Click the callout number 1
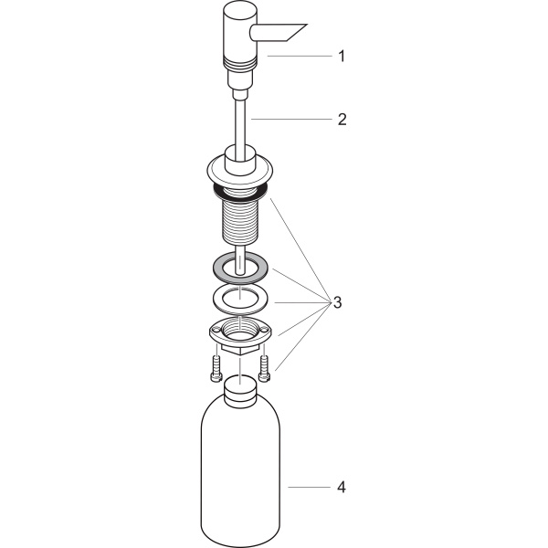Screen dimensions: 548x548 coord(342,57)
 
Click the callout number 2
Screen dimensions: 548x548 coord(342,119)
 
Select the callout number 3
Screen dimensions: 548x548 coord(337,302)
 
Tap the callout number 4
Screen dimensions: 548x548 coord(342,487)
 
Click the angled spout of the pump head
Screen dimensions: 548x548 coord(279,33)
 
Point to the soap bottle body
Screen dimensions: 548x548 coord(240,469)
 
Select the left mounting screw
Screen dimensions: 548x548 coord(216,368)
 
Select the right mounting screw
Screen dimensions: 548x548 coord(265,368)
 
